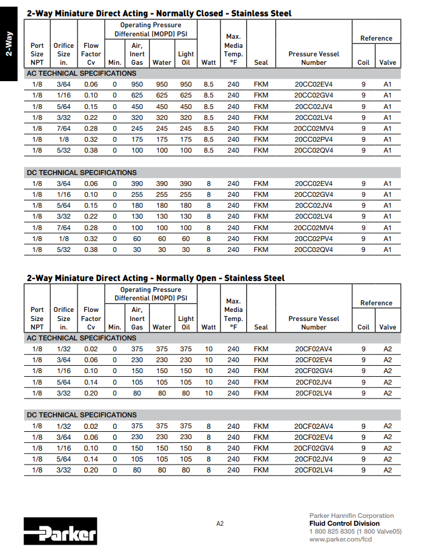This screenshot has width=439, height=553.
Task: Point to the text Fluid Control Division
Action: coord(345,523)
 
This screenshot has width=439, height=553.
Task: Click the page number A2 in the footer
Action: coord(220,523)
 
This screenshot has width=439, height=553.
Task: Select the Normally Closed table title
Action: coord(159,13)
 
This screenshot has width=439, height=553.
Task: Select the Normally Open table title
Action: coord(156,278)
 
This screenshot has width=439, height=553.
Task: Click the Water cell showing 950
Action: coord(162,84)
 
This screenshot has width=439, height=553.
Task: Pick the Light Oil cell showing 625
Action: coord(186,95)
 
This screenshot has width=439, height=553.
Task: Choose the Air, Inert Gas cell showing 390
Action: coord(137,184)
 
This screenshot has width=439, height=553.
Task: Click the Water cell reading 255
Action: coord(162,194)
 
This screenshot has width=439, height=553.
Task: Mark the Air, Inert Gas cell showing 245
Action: coord(137,128)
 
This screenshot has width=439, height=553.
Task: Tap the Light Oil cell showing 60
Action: coord(186,239)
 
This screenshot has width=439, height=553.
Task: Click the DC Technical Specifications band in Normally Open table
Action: coord(82,415)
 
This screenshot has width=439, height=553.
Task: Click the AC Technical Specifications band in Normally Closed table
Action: coord(82,73)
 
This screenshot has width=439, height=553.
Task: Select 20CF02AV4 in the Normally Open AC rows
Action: coord(314,349)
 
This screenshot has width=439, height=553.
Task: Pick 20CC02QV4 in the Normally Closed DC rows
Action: coord(314,250)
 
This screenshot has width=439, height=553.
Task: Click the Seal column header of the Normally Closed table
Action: coord(261,62)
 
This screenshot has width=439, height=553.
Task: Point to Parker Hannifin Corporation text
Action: coord(351,515)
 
